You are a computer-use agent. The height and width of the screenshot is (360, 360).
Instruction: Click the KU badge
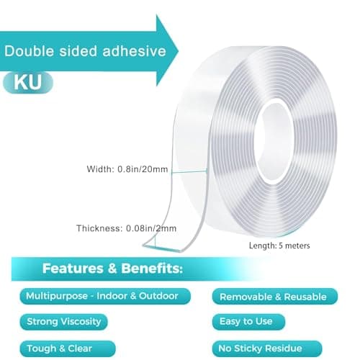click(x=28, y=82)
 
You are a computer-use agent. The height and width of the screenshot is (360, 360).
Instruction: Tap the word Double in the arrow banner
click(x=29, y=51)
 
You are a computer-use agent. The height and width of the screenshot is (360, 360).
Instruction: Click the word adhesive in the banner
click(x=134, y=51)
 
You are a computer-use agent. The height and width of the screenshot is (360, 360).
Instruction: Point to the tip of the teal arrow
click(x=179, y=50)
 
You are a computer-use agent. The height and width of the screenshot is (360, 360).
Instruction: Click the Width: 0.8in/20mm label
click(x=127, y=169)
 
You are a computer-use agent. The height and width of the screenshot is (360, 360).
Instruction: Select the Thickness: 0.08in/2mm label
click(x=126, y=228)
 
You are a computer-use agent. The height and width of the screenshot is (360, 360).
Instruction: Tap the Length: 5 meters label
click(x=279, y=246)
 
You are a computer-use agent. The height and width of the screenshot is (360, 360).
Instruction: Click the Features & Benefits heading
click(x=112, y=269)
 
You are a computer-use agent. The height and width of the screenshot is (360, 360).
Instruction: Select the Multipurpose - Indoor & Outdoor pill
click(x=105, y=296)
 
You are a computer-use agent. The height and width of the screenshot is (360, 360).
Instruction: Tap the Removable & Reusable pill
click(x=274, y=297)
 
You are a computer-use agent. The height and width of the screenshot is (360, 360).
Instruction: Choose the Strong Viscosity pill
click(x=63, y=322)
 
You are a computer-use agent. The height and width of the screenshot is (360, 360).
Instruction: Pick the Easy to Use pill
click(x=248, y=322)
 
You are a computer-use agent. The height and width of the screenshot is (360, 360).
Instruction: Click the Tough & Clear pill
click(x=68, y=348)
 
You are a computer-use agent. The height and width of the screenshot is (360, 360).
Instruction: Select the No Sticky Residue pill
click(x=267, y=348)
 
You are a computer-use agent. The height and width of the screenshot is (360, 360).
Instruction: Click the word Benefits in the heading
click(x=152, y=269)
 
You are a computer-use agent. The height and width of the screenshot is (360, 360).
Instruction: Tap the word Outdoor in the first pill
click(x=158, y=296)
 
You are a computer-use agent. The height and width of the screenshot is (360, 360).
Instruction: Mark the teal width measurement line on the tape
click(x=189, y=171)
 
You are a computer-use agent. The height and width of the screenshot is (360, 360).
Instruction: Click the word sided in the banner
click(x=78, y=51)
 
